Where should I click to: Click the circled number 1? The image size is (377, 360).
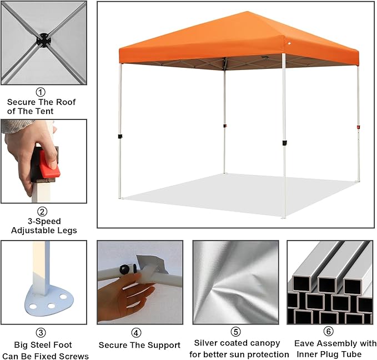[41, 92]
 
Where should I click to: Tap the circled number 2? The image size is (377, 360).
[42, 212]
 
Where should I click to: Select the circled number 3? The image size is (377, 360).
[41, 333]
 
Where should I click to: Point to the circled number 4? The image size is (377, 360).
[137, 333]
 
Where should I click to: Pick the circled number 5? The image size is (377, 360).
[235, 332]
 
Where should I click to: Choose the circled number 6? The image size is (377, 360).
[329, 331]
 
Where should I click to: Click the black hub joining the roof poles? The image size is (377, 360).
[44, 40]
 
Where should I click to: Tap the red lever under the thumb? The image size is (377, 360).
[49, 164]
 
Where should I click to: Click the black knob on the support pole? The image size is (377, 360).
[124, 269]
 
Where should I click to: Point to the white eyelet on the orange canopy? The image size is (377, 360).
[289, 43]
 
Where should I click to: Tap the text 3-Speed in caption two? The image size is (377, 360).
[44, 222]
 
